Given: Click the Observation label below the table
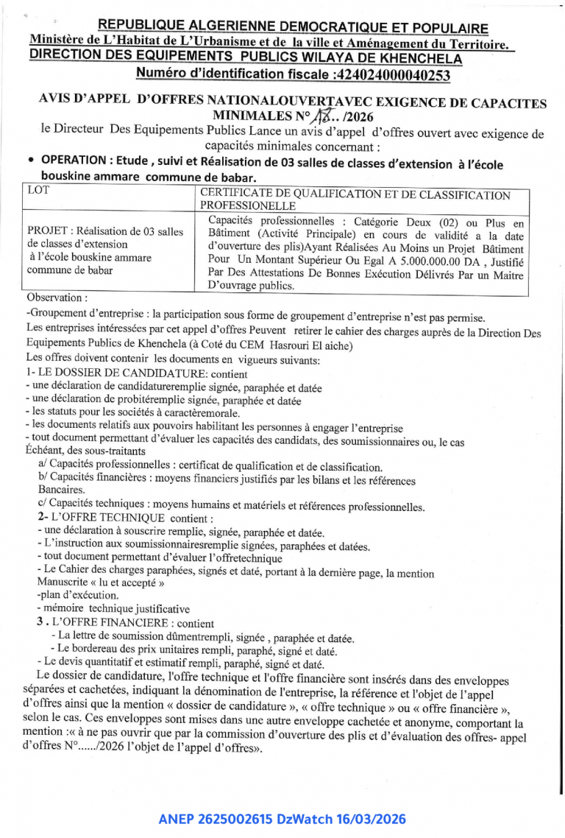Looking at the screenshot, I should [56, 297].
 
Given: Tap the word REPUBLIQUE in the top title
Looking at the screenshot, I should [149, 27].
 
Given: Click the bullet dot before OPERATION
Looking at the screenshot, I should [29, 160].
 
